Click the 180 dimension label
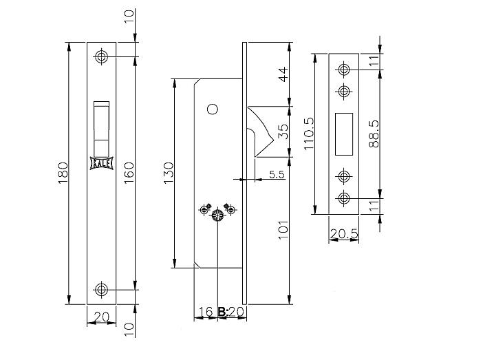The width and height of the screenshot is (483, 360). [63, 173]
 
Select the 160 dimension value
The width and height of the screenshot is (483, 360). [129, 173]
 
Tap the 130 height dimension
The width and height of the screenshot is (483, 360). [169, 173]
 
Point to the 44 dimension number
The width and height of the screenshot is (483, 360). [283, 74]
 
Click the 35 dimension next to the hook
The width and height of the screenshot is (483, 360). [283, 131]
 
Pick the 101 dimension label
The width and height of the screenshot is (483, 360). [283, 230]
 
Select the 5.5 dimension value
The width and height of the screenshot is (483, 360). [277, 174]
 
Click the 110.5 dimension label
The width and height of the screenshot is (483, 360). [309, 134]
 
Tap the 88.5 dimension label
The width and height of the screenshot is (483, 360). [374, 134]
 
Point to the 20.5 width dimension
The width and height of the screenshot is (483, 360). [344, 234]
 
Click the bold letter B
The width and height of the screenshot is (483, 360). [222, 312]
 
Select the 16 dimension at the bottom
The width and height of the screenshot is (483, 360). [205, 312]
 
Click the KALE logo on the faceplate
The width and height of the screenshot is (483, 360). [101, 163]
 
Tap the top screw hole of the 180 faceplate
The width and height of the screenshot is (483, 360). [101, 56]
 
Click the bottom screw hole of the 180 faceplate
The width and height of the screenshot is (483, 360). [101, 289]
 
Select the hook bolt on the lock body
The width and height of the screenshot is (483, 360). [259, 131]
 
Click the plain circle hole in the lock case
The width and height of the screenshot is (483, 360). [213, 109]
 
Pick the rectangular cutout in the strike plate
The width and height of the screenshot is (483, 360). [344, 134]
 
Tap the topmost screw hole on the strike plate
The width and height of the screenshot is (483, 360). [344, 69]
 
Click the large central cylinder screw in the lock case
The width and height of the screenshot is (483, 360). [218, 215]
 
